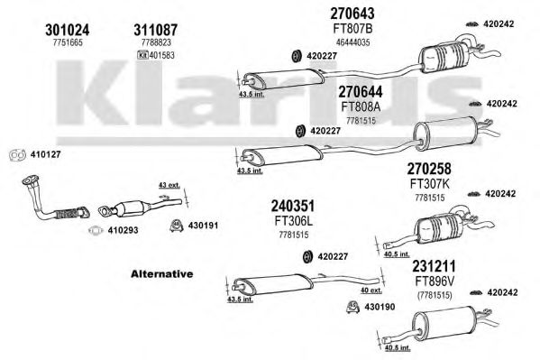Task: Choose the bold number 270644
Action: point(361,91)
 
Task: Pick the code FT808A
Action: point(361,106)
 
